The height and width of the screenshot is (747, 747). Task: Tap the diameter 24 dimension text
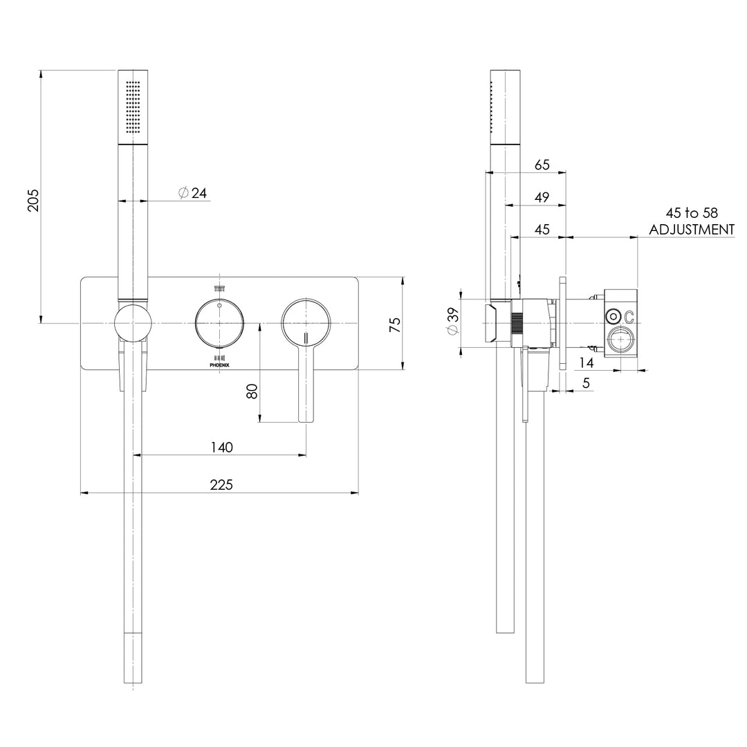pos(193,194)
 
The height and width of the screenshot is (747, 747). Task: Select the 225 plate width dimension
pos(221,485)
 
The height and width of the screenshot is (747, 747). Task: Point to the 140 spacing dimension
pos(221,448)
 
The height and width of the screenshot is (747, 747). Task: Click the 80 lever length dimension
pos(252,390)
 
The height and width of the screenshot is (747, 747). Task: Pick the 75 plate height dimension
pos(395,325)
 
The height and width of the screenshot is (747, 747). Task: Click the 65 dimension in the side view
pos(542,165)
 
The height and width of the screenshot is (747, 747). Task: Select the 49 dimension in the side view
pos(542,197)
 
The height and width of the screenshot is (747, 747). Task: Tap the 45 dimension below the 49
pos(542,230)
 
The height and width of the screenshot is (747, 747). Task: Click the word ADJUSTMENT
pos(692,230)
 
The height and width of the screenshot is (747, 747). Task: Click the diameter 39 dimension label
pos(452,321)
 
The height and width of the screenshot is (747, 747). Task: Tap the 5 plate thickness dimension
pos(586,382)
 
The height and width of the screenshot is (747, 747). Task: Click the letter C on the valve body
pos(630,317)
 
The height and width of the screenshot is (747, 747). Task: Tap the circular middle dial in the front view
pos(219,324)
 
